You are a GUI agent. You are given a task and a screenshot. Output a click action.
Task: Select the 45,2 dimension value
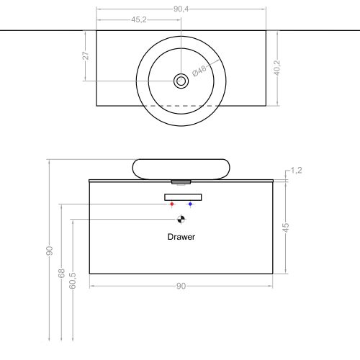(140, 19)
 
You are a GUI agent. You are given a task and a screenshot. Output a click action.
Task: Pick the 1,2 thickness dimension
(295, 171)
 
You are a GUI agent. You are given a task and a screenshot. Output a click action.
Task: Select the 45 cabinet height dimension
(286, 227)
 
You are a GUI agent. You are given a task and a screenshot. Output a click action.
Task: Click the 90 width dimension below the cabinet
(181, 286)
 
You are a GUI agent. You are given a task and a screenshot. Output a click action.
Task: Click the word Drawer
(181, 236)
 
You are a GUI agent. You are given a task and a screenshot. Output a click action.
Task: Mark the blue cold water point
(190, 204)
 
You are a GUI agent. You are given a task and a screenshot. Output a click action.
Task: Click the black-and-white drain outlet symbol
(181, 220)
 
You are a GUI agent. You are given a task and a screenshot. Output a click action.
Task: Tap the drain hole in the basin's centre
(181, 81)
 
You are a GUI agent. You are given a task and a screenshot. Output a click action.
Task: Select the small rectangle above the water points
(183, 197)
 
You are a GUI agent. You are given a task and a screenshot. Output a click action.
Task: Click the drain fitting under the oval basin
(181, 181)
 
